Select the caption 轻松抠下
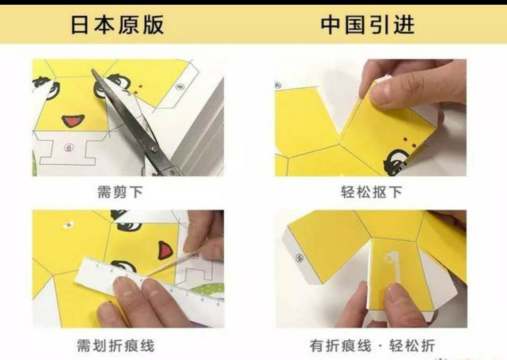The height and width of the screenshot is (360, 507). click(371, 192)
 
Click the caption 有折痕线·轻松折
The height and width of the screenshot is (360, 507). click(372, 346)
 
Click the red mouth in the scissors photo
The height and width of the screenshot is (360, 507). click(73, 120)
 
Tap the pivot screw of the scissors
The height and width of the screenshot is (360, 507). click(154, 149)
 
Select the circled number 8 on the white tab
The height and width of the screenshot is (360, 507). click(179, 86)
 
